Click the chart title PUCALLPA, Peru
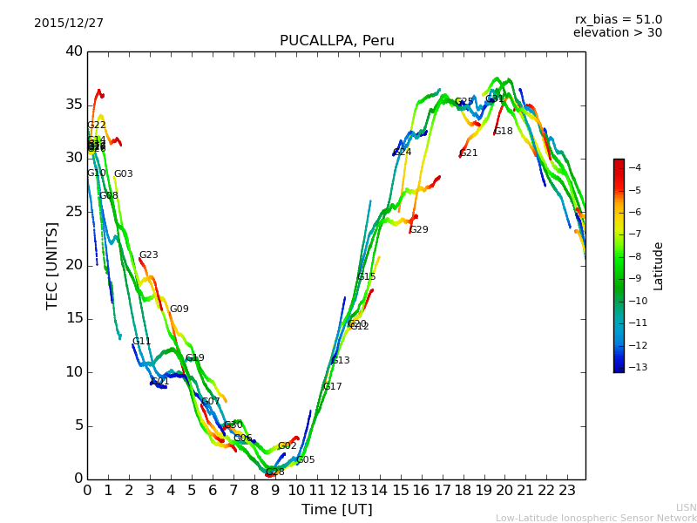pyautogui.click(x=336, y=41)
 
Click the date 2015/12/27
pyautogui.click(x=69, y=24)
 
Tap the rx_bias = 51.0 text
pyautogui.click(x=618, y=19)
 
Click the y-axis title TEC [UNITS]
pyautogui.click(x=52, y=265)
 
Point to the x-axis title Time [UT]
pyautogui.click(x=336, y=509)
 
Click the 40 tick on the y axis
pyautogui.click(x=74, y=51)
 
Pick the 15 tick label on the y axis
pyautogui.click(x=74, y=318)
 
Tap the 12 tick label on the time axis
pyautogui.click(x=337, y=490)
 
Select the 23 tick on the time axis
pyautogui.click(x=567, y=490)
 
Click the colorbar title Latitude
pyautogui.click(x=659, y=266)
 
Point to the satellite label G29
pyautogui.click(x=419, y=230)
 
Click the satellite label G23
pyautogui.click(x=149, y=255)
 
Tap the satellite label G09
pyautogui.click(x=179, y=309)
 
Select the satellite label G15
pyautogui.click(x=366, y=277)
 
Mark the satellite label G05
pyautogui.click(x=305, y=460)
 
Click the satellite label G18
pyautogui.click(x=504, y=132)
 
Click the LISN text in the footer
pyautogui.click(x=686, y=507)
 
